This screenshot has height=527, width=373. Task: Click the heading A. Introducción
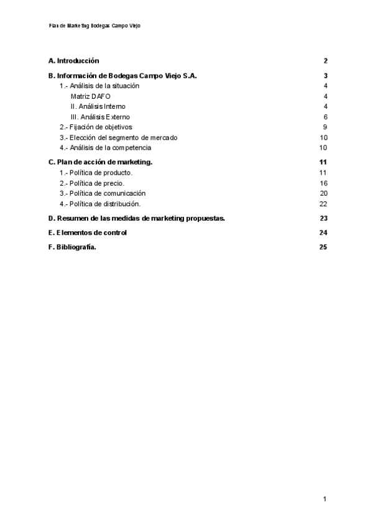pyautogui.click(x=74, y=61)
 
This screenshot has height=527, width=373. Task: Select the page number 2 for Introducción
pyautogui.click(x=325, y=61)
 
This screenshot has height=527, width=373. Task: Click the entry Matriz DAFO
pyautogui.click(x=91, y=96)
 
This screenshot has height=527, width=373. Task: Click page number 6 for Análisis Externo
pyautogui.click(x=325, y=117)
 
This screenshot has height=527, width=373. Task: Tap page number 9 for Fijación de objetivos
pyautogui.click(x=325, y=127)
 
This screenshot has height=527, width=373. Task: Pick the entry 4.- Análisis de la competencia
pyautogui.click(x=105, y=148)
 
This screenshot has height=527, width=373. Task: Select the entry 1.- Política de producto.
pyautogui.click(x=96, y=173)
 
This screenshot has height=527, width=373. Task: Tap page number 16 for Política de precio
pyautogui.click(x=323, y=183)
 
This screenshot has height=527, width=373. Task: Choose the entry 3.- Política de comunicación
pyautogui.click(x=103, y=193)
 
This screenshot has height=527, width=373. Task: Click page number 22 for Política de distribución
pyautogui.click(x=323, y=204)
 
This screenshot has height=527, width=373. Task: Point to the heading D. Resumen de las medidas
pyautogui.click(x=137, y=218)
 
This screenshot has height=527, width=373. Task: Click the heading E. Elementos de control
pyautogui.click(x=88, y=232)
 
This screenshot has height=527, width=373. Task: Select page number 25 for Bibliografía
pyautogui.click(x=323, y=247)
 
